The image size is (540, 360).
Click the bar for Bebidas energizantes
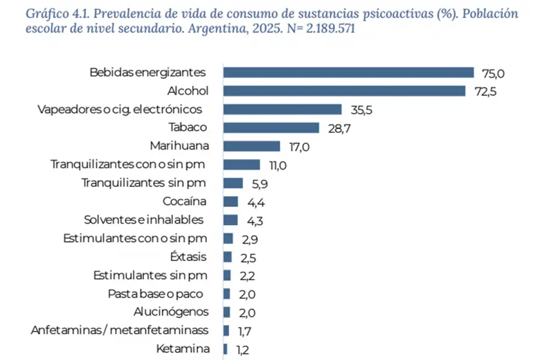click(349, 73)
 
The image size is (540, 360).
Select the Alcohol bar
click(344, 91)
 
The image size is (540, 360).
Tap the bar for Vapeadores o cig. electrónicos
click(283, 109)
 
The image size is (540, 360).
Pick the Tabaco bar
click(271, 128)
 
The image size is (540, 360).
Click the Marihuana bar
click(252, 146)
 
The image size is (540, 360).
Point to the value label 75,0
click(494, 73)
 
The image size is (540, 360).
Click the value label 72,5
click(485, 92)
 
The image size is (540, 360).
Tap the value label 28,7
click(338, 128)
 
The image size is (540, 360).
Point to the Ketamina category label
click(182, 349)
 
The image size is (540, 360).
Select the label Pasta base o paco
click(155, 293)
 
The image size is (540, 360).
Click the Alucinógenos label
click(172, 312)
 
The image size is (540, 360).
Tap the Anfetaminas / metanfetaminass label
click(119, 330)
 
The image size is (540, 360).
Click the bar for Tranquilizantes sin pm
click(233, 183)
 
